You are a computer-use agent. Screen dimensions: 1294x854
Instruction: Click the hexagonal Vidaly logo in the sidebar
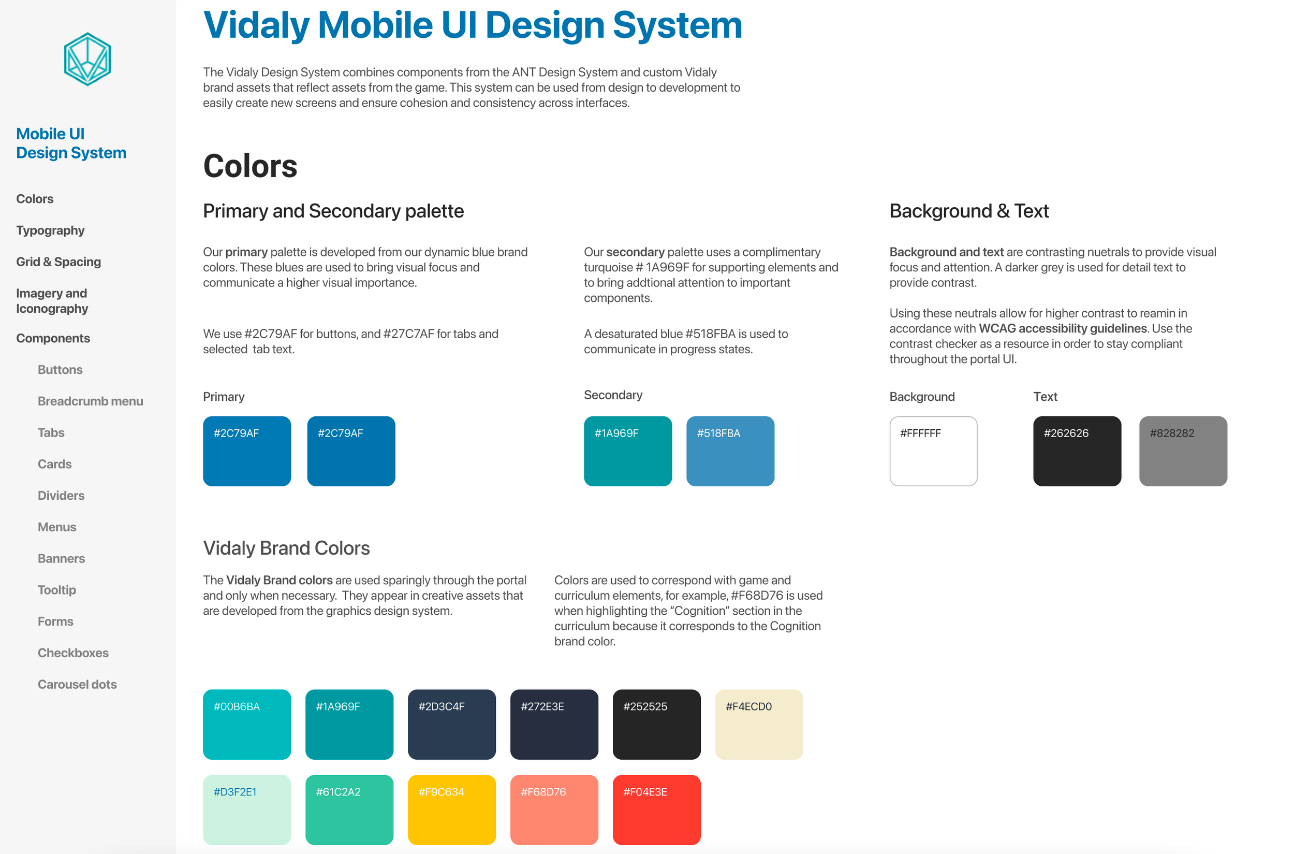(87, 60)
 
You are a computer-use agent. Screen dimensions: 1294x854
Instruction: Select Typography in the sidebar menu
(50, 230)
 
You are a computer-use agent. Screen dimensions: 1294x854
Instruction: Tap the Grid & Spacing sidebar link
(59, 262)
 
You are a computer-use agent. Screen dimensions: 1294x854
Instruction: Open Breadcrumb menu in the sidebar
(91, 401)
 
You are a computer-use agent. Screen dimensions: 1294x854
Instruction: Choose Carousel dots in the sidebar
(77, 685)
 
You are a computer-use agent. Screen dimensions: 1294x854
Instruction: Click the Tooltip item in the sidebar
(56, 590)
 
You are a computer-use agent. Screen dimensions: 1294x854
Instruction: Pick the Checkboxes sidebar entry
(73, 653)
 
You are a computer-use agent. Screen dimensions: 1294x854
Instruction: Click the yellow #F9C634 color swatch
(452, 810)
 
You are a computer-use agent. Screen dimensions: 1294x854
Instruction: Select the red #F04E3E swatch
(656, 810)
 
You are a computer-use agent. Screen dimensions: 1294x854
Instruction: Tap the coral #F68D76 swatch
(554, 810)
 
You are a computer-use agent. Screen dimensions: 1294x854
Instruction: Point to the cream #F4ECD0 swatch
(759, 725)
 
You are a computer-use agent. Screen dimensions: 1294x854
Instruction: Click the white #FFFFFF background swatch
(934, 451)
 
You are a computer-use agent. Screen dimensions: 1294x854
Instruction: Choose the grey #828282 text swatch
(1183, 451)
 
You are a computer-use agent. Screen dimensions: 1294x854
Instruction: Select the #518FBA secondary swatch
(730, 451)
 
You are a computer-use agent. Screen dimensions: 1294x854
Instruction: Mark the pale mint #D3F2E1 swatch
(247, 810)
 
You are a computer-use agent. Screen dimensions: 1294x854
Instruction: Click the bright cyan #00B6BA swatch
(247, 725)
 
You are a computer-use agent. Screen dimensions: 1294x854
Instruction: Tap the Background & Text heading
(969, 211)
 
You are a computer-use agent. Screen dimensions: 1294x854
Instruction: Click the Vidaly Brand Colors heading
(286, 548)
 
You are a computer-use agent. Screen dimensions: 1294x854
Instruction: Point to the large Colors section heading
(251, 166)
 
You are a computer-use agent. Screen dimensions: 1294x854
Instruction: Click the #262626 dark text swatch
(1077, 451)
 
